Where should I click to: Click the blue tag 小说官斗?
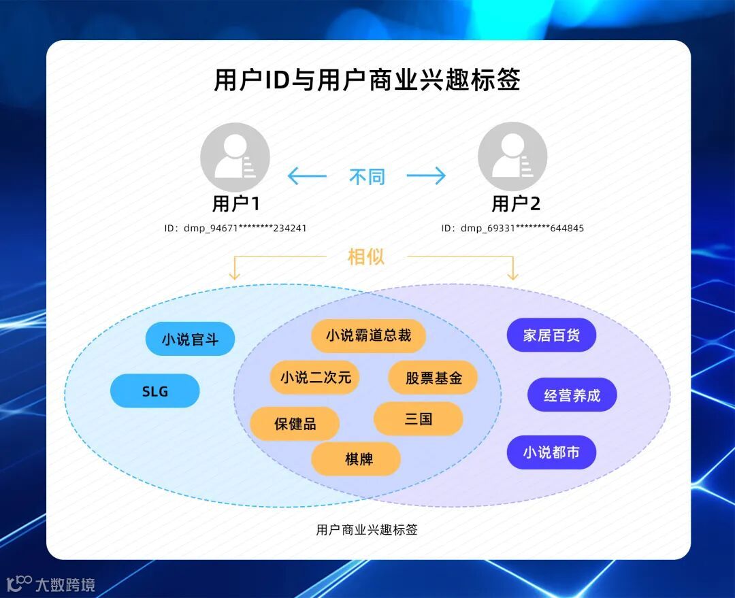coord(190,339)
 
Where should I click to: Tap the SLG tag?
coord(154,391)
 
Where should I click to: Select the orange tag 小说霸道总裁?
coord(368,335)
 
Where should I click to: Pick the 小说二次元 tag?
coord(315,377)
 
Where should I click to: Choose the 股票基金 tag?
coord(433,378)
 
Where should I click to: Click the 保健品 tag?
coord(295,423)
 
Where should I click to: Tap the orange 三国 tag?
coord(418,418)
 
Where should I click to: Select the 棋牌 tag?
coord(356,459)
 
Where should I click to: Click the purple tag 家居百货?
coord(551,335)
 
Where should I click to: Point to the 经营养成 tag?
coord(572,395)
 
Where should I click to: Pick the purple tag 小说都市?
coord(551,452)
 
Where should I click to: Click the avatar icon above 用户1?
coord(235,157)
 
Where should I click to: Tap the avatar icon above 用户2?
coord(512,157)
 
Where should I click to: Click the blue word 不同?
coord(367,177)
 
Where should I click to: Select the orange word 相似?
coord(366,256)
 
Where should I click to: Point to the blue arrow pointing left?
coord(307,176)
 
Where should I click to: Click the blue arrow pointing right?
coord(426,176)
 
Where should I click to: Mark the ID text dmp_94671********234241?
coord(235,228)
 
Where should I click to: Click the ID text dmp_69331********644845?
coord(512,228)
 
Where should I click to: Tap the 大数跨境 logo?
coord(51,584)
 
